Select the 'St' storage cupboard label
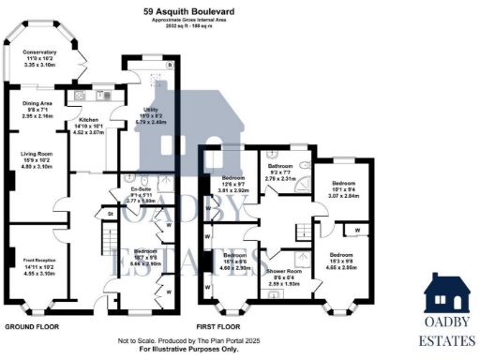click(111, 214)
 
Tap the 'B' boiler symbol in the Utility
click(170, 66)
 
